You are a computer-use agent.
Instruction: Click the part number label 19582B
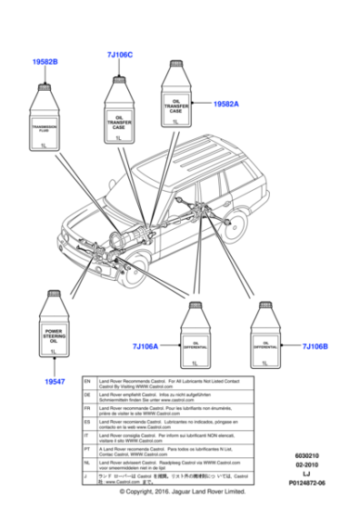coord(45,61)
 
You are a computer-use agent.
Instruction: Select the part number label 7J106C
coord(119,55)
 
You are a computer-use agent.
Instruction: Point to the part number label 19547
coord(55,383)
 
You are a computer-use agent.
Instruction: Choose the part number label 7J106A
coord(145,346)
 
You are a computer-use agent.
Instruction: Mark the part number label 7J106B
coord(314,346)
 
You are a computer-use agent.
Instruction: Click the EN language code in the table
coord(86,383)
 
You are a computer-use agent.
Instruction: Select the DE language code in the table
coord(86,397)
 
